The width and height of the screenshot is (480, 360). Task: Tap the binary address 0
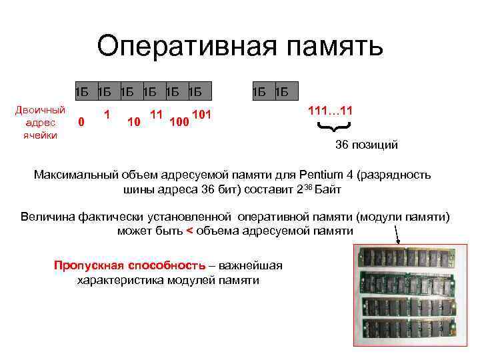[81, 122]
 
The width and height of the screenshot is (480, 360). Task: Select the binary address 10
[133, 122]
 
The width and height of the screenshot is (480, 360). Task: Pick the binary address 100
[178, 123]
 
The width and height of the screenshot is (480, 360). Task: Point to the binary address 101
[201, 115]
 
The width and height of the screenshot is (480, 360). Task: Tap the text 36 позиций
[366, 145]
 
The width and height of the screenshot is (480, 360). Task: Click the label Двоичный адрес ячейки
[40, 123]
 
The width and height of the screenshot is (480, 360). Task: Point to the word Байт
[327, 190]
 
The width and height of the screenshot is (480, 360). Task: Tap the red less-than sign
[189, 231]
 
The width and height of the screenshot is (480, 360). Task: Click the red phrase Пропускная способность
[129, 266]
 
